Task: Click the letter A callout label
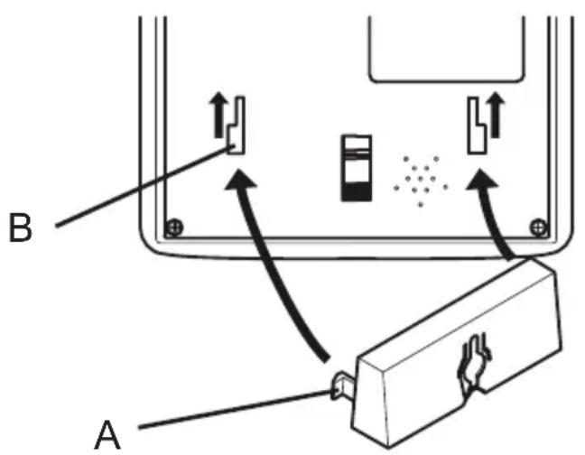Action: pyautogui.click(x=107, y=435)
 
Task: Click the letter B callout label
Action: pyautogui.click(x=20, y=227)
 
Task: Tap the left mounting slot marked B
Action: pyautogui.click(x=237, y=125)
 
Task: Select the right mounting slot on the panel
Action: pyautogui.click(x=478, y=125)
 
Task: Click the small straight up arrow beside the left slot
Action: pyautogui.click(x=218, y=116)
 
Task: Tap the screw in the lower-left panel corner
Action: pyautogui.click(x=174, y=227)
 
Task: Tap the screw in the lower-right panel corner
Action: pyautogui.click(x=538, y=227)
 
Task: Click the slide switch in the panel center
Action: pyautogui.click(x=357, y=168)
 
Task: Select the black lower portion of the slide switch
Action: pyautogui.click(x=357, y=192)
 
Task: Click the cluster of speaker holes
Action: pyautogui.click(x=421, y=181)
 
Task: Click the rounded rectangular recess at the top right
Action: pyautogui.click(x=446, y=49)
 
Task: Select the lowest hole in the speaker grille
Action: pyautogui.click(x=421, y=204)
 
